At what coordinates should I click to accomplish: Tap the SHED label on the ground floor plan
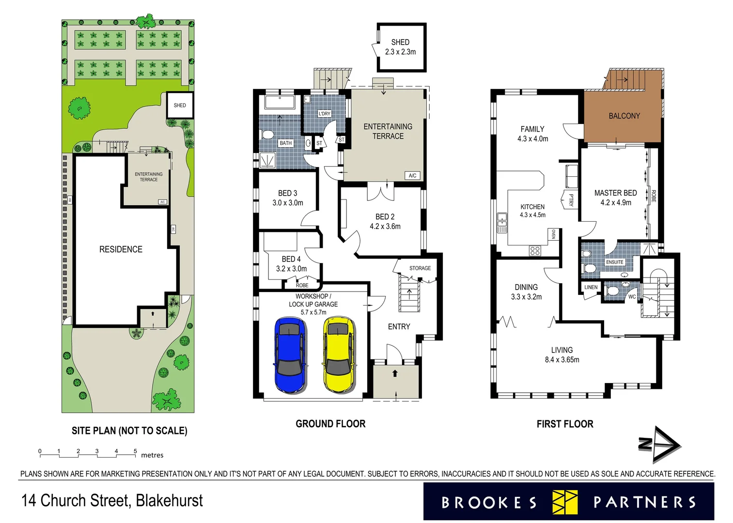[x=400, y=42]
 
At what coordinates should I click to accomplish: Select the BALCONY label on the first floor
[x=624, y=116]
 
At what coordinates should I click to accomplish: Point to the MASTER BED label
[x=615, y=193]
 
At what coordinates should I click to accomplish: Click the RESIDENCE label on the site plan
[x=121, y=249]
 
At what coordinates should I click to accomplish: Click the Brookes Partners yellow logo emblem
[x=565, y=502]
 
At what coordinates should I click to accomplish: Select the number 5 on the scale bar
[x=135, y=451]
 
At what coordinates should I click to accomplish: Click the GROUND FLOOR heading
[x=330, y=424]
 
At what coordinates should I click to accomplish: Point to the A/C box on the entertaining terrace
[x=412, y=176]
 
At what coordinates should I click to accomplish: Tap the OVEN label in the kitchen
[x=553, y=234]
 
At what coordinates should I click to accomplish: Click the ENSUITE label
[x=614, y=262]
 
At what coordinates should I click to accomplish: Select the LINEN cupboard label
[x=591, y=287]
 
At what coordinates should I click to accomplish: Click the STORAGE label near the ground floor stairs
[x=420, y=268]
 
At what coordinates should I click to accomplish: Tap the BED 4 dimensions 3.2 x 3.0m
[x=291, y=269]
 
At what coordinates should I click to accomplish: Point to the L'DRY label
[x=324, y=114]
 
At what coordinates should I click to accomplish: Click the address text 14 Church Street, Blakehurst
[x=112, y=501]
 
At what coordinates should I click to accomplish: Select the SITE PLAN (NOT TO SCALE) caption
[x=129, y=431]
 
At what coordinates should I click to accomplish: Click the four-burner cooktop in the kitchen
[x=535, y=250]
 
